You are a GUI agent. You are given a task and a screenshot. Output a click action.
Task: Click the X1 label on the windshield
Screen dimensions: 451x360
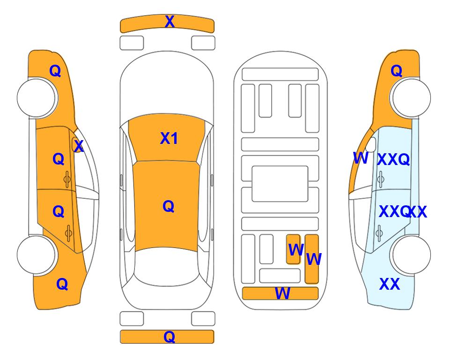(x=169, y=138)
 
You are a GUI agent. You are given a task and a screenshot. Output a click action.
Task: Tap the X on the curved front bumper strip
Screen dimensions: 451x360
(x=170, y=22)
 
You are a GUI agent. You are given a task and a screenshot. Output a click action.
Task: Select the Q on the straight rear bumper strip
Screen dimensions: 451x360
(x=170, y=337)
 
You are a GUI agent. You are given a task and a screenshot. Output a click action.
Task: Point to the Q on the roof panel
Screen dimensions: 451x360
(x=169, y=206)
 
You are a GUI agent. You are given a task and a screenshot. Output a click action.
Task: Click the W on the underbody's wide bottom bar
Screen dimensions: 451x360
(x=282, y=293)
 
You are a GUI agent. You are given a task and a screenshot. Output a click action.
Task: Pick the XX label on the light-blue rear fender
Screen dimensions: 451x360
(x=390, y=284)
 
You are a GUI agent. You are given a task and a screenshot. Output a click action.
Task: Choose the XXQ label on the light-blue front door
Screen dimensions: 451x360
(x=393, y=159)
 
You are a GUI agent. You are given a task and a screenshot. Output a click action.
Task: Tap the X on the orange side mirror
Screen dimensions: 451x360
(x=79, y=146)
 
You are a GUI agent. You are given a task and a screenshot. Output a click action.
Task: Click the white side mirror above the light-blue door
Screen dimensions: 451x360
(x=371, y=144)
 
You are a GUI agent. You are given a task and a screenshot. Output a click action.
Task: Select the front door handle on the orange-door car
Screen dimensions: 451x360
(x=67, y=180)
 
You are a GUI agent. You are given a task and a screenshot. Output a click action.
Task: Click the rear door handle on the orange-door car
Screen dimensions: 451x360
(x=68, y=233)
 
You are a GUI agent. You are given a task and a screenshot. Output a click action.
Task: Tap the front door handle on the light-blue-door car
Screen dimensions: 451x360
(x=381, y=179)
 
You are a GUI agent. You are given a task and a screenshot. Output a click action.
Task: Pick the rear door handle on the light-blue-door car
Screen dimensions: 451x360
(x=379, y=232)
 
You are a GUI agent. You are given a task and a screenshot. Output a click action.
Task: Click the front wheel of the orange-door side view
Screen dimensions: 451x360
(x=37, y=98)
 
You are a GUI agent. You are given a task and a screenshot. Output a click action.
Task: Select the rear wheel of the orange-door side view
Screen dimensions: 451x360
(x=37, y=255)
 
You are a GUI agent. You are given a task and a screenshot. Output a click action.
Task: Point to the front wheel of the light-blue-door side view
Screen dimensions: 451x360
(x=410, y=97)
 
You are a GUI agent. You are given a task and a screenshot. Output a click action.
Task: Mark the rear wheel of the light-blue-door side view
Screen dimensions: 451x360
(x=411, y=255)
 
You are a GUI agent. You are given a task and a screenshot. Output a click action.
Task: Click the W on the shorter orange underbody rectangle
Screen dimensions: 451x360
(x=296, y=249)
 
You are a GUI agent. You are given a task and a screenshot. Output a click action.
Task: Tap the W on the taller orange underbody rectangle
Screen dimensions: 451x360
(x=314, y=259)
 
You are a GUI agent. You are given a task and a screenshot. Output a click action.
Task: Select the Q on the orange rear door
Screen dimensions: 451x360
(x=59, y=212)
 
